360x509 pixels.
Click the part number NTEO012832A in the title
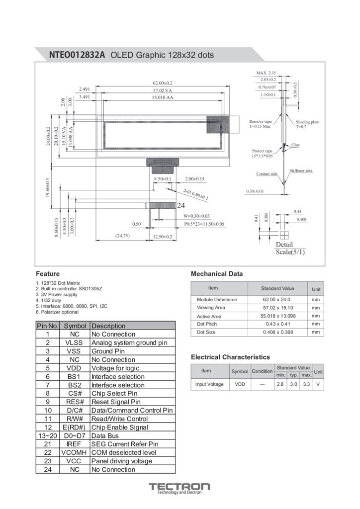(77, 55)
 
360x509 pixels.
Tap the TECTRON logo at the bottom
(180, 487)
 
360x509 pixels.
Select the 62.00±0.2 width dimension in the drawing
(162, 83)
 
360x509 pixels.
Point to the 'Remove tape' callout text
(261, 121)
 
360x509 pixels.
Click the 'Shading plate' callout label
(307, 122)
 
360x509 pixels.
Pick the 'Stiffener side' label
(301, 171)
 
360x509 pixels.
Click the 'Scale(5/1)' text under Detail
(290, 252)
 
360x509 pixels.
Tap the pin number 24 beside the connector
(181, 205)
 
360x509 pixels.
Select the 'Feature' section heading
(48, 274)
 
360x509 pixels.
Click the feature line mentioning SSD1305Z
(69, 288)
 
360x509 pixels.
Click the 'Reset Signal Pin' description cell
(116, 402)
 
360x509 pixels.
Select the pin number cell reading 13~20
(48, 436)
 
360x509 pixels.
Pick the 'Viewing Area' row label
(211, 308)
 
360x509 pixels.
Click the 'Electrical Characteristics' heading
(230, 357)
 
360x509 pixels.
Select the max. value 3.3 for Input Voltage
(306, 384)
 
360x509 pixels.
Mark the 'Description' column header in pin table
(108, 326)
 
